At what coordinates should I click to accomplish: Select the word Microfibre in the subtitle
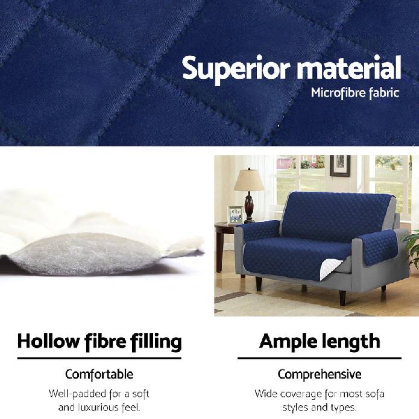pos(336,93)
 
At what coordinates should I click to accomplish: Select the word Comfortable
pos(99,374)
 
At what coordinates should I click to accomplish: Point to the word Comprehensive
pos(319,374)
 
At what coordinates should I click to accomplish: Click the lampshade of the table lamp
pos(249,180)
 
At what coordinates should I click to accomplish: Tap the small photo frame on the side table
pos(235,214)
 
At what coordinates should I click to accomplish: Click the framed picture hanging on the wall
pos(340,165)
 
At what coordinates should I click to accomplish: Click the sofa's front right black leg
pos(342,297)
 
